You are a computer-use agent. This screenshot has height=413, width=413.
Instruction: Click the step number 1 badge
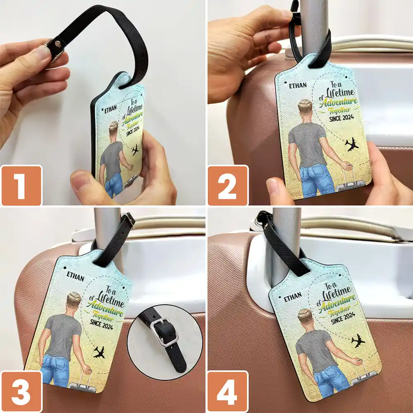point(21,185)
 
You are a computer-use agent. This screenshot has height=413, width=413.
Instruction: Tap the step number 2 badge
point(228,185)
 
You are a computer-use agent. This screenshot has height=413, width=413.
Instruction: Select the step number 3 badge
point(21,391)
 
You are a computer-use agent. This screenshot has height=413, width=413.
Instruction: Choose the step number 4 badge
point(228,391)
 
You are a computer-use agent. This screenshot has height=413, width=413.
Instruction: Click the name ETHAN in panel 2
point(298,85)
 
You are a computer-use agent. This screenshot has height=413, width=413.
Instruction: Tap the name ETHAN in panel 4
point(292,296)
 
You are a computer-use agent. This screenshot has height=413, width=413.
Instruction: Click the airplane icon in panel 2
point(352,145)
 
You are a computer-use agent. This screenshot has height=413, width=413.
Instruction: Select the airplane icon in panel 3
point(99,352)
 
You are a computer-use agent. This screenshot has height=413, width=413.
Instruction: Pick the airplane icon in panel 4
point(358,341)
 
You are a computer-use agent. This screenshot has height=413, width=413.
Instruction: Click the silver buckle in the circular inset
point(164,333)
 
